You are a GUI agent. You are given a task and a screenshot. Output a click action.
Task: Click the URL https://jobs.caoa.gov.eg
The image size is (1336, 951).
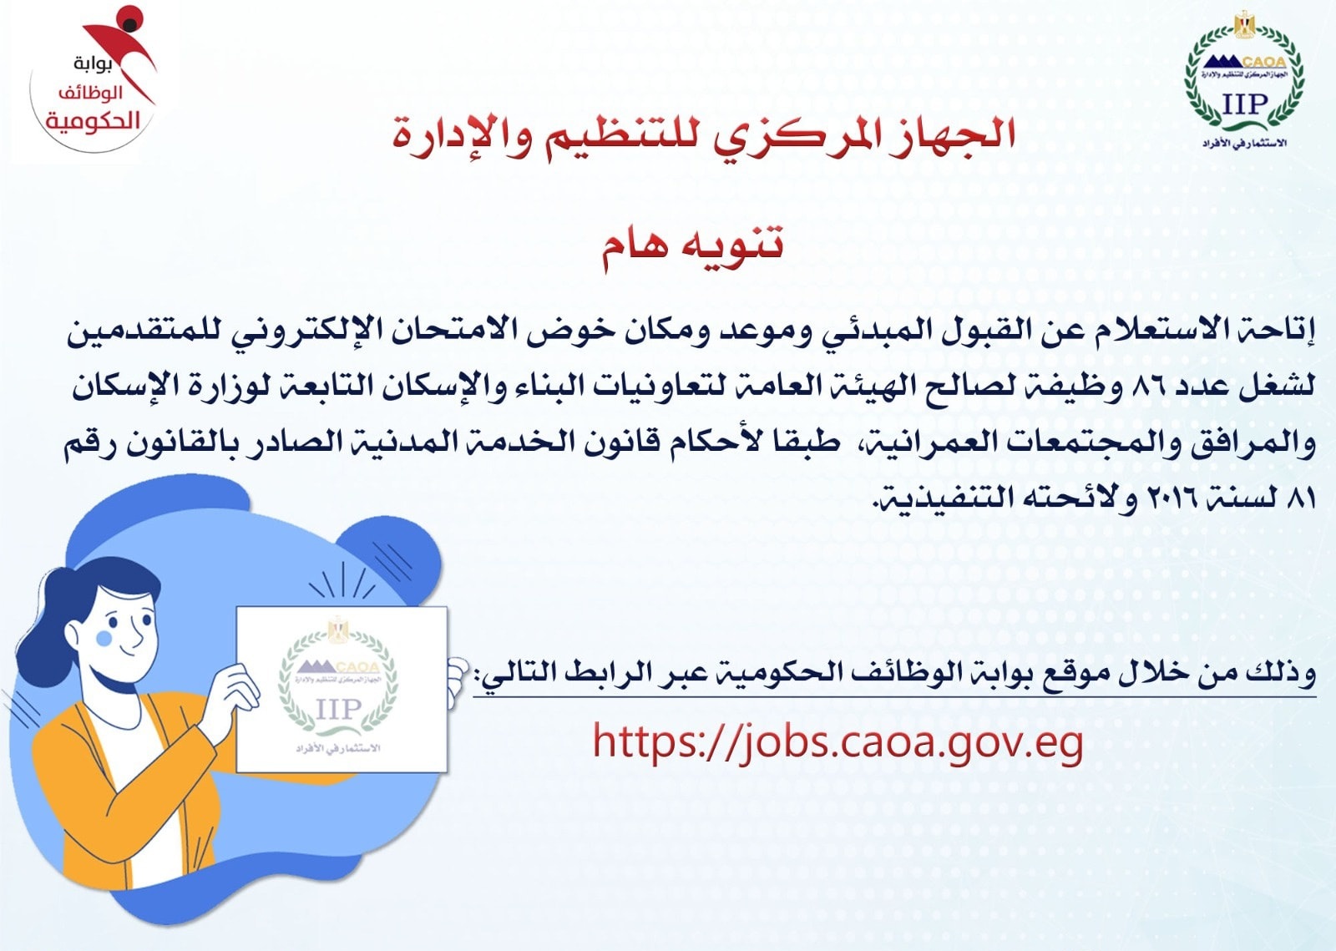click(x=838, y=742)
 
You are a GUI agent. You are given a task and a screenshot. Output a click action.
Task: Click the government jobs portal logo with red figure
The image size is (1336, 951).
click(x=94, y=80)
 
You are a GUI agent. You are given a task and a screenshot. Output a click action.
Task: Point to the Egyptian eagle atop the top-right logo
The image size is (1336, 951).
click(x=1245, y=25)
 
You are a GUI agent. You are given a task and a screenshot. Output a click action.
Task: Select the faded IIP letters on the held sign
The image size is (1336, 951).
click(x=338, y=710)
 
